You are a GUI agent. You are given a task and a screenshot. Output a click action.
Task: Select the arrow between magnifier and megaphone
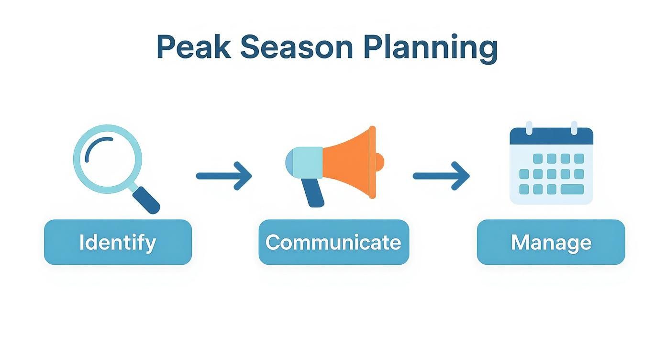223,176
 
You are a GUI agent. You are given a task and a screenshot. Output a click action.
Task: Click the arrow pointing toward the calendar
441,176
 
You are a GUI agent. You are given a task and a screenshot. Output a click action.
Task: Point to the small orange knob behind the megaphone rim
380,162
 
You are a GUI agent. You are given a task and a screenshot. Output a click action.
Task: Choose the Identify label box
118,242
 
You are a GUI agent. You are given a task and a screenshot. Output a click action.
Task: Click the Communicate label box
333,242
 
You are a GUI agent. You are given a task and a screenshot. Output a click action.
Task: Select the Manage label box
551,242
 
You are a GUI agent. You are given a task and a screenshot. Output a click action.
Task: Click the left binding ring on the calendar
529,127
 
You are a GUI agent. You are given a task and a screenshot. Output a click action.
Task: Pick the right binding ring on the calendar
574,127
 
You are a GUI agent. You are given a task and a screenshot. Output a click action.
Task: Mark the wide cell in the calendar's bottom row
572,189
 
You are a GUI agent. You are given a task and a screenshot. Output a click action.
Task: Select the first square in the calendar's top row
538,158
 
